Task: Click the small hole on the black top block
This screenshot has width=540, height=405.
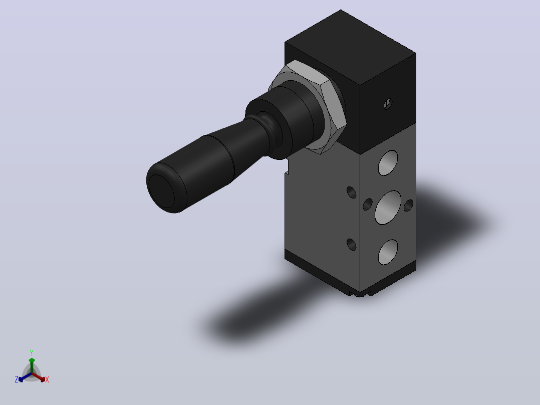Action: tap(388, 103)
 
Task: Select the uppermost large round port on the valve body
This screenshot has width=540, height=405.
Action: tap(388, 163)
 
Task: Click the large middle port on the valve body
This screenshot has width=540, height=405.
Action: tap(388, 208)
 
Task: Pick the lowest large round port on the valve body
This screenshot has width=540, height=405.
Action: tap(388, 252)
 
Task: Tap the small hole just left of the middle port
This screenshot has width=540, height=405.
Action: tap(368, 205)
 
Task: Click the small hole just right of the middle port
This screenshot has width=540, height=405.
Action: tap(408, 206)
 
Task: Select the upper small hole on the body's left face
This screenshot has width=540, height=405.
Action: tap(351, 192)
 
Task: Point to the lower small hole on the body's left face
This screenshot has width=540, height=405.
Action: tap(351, 245)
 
